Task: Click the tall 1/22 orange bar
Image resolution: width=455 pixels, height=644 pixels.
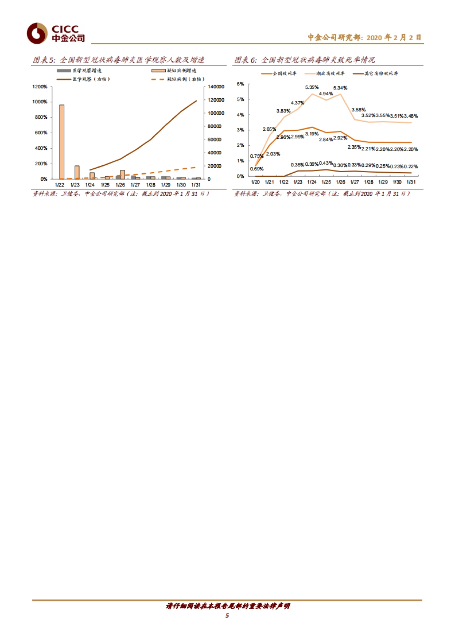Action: pyautogui.click(x=61, y=141)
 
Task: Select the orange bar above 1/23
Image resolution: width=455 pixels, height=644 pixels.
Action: pyautogui.click(x=77, y=172)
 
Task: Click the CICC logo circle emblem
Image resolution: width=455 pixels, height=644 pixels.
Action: pyautogui.click(x=37, y=33)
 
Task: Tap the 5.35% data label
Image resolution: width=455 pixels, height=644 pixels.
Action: pyautogui.click(x=312, y=88)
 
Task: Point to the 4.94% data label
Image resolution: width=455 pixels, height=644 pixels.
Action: pyautogui.click(x=326, y=94)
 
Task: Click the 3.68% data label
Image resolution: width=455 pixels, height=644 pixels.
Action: pyautogui.click(x=358, y=110)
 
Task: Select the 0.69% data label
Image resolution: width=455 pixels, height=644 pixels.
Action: pyautogui.click(x=257, y=169)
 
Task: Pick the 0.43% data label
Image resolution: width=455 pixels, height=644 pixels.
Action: pyautogui.click(x=326, y=163)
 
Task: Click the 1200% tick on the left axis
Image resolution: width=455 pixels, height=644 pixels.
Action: pyautogui.click(x=40, y=87)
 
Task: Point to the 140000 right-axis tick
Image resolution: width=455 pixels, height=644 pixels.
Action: pyautogui.click(x=216, y=87)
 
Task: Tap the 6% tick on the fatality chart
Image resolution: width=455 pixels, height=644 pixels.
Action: pyautogui.click(x=240, y=84)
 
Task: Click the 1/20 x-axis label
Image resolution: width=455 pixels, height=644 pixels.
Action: pyautogui.click(x=255, y=182)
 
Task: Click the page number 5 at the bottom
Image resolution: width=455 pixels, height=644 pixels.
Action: pyautogui.click(x=227, y=615)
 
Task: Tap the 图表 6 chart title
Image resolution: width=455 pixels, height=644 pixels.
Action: pyautogui.click(x=304, y=60)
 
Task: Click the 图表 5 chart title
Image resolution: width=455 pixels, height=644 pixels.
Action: pyautogui.click(x=118, y=60)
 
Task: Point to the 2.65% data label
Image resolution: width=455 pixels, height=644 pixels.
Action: pyautogui.click(x=269, y=129)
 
